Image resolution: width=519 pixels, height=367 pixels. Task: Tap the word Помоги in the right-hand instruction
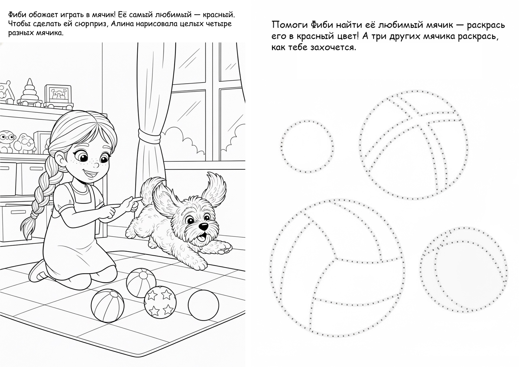289,25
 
